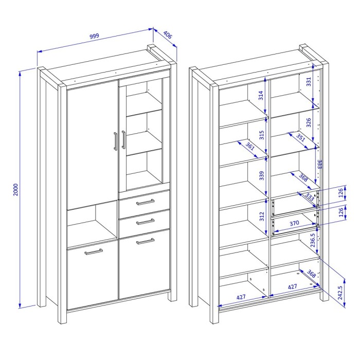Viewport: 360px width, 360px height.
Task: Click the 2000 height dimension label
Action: [15, 189]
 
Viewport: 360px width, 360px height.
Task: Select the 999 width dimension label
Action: [94, 36]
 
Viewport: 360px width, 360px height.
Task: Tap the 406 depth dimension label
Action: [168, 34]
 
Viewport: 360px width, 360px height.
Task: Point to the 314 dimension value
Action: [261, 96]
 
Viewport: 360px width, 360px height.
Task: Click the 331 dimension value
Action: [309, 82]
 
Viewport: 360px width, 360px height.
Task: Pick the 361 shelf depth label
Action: [250, 146]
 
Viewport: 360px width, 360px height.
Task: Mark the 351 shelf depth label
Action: [300, 137]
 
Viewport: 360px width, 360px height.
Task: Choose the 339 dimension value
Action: [261, 176]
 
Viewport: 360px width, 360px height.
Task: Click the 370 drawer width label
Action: [294, 223]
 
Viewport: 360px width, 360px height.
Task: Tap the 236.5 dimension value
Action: [313, 240]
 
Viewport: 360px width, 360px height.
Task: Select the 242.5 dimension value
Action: [340, 293]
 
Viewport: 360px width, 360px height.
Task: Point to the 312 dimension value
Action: [262, 217]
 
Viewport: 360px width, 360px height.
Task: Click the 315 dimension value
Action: [261, 135]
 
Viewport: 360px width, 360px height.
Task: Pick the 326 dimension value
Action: [309, 122]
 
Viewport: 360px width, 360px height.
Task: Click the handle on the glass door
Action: [123, 139]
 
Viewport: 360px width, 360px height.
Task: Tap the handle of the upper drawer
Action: [145, 202]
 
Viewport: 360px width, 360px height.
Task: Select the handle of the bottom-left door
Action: [94, 251]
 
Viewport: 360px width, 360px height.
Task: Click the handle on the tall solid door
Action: [115, 141]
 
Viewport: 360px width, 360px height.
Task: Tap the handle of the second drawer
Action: [145, 222]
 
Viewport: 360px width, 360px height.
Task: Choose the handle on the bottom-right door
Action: [145, 241]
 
